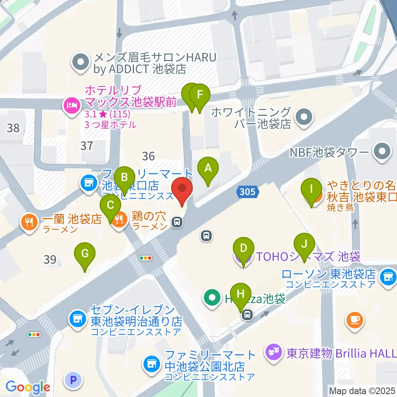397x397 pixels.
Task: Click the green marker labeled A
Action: (208, 168)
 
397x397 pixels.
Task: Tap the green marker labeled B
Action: (124, 177)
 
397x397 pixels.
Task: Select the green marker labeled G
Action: (85, 254)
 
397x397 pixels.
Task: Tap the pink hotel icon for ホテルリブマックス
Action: (72, 105)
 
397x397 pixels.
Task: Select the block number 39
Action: (50, 260)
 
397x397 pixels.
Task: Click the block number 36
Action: (148, 156)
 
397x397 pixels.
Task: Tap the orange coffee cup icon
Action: (355, 319)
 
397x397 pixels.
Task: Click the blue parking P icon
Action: (74, 379)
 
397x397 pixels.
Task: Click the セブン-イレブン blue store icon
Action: (77, 319)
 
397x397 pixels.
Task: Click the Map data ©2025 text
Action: (362, 390)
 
